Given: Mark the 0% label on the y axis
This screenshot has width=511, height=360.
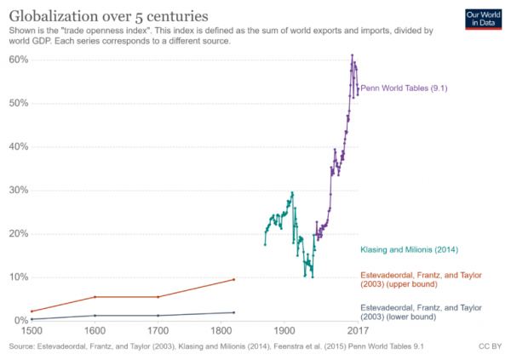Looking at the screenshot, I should [19, 320].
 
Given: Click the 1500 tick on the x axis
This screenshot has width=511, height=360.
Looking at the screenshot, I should [31, 330].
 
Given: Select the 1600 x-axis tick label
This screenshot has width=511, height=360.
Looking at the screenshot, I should [95, 330].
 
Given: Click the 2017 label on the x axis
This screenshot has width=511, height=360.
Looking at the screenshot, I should [358, 330].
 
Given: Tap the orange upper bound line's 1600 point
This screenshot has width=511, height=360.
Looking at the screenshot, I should [95, 297].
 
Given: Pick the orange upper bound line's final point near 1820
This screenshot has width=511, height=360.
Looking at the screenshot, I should [233, 279].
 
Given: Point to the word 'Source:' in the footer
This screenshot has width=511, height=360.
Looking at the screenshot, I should [23, 347].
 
